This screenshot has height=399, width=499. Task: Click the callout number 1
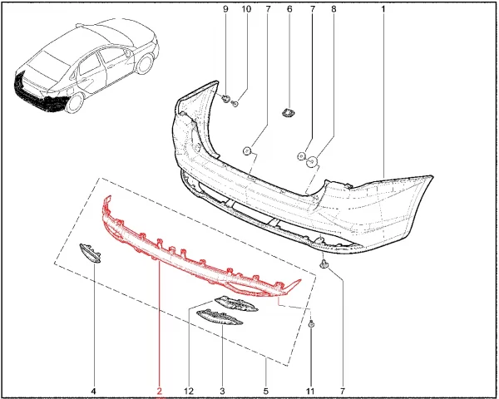click(x=383, y=9)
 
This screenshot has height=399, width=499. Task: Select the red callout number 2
click(x=159, y=391)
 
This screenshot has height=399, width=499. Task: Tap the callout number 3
click(x=222, y=391)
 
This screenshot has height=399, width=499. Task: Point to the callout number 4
click(x=93, y=391)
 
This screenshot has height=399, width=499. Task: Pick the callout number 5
click(x=266, y=391)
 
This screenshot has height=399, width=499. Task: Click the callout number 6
click(x=289, y=9)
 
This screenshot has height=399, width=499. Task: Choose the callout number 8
click(x=333, y=9)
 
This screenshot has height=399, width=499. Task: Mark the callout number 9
click(x=225, y=9)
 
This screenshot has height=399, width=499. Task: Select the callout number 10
click(x=246, y=9)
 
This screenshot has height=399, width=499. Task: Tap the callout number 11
click(x=310, y=391)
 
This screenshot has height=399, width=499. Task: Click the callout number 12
click(x=189, y=391)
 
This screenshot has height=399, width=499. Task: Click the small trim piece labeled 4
click(x=90, y=254)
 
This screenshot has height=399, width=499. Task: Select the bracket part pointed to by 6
click(x=289, y=113)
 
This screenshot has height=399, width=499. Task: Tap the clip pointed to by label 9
click(x=226, y=99)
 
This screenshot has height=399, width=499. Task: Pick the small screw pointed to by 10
click(x=235, y=103)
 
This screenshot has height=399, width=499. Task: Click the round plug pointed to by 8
click(x=312, y=162)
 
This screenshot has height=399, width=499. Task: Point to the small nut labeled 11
click(x=312, y=324)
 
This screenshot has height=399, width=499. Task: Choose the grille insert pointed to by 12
click(x=236, y=303)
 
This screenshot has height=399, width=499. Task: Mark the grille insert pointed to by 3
click(x=220, y=318)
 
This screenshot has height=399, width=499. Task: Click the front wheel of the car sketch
click(x=145, y=63)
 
